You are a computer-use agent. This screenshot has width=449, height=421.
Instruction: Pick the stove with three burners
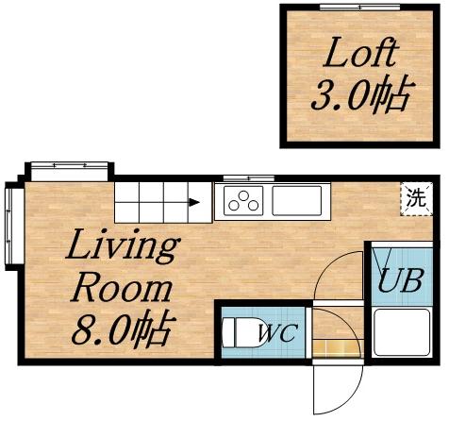click(242, 200)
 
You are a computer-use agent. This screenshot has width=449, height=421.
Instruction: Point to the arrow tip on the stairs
click(194, 201)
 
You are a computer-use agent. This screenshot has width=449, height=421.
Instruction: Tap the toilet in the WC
click(237, 332)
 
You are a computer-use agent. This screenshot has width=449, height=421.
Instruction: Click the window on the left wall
click(11, 224)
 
